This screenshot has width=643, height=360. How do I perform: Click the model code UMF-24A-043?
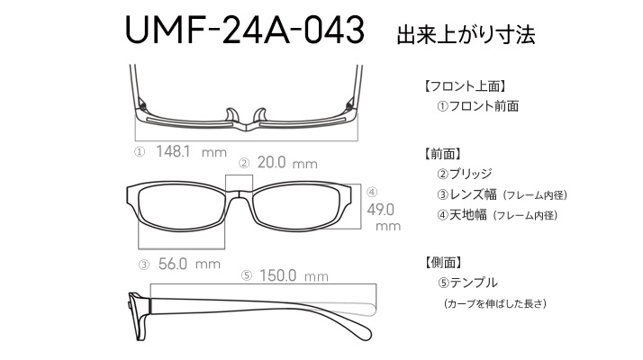pos(244,30)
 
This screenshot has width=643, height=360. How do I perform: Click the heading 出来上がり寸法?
pos(466,35)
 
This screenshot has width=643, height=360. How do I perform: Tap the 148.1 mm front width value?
pos(191,152)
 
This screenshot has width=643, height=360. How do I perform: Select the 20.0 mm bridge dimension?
pos(287,163)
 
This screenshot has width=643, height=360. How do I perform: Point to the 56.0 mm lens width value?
pos(189,264)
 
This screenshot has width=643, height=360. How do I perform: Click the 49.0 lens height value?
pos(381,210)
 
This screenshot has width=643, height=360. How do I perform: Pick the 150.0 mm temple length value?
pos(294,275)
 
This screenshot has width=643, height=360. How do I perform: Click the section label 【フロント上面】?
pos(464,86)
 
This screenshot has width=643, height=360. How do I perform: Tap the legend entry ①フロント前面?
pos(477,106)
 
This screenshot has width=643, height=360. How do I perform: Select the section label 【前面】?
pos(443,154)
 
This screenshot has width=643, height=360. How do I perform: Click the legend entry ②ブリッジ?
pos(464,174)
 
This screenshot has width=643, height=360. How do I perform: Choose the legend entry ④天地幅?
pos(462,215)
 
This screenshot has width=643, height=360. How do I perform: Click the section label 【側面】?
pos(443,263)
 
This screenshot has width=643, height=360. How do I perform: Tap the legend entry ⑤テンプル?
pos(467,283)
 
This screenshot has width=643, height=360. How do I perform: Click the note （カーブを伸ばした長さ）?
pos(495,304)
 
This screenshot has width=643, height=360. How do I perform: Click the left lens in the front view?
pos(181,208)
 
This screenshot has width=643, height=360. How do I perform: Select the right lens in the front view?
pos(296,208)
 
